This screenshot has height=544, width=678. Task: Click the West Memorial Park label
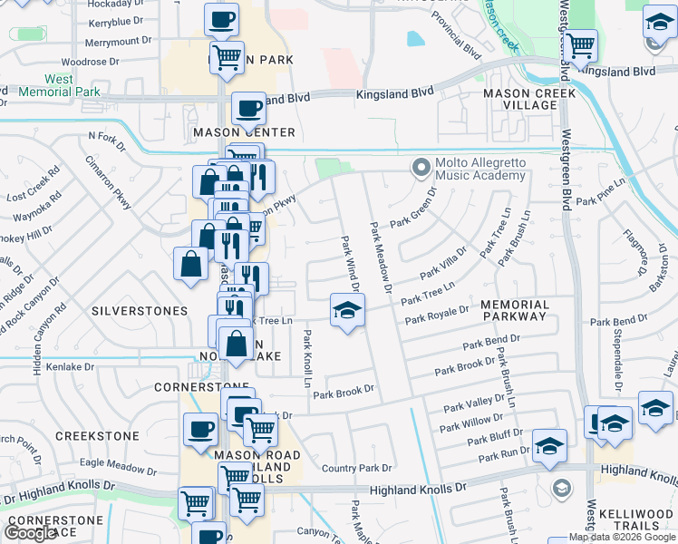59,86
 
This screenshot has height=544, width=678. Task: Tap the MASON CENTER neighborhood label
244,132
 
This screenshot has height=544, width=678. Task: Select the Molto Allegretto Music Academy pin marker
420,168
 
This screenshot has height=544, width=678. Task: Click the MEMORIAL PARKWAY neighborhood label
515,310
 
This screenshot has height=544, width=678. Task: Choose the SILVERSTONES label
140,311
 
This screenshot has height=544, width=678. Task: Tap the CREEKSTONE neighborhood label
98,436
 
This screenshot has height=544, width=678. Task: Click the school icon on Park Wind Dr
345,310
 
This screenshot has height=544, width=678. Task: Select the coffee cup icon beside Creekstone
199,429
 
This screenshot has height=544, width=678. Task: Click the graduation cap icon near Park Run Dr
549,445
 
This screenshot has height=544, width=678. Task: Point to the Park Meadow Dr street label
379,258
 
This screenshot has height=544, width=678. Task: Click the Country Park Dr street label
356,469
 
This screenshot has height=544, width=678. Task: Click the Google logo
30,532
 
